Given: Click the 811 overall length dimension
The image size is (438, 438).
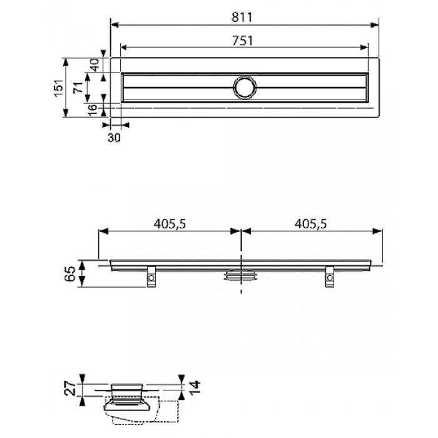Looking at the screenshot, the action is pos(242,18).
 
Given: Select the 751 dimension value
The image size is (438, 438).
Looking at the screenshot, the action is pos(243,41).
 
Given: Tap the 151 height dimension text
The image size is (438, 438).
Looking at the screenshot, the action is pos(59,88).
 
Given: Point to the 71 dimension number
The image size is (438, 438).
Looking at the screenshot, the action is pos(78,87).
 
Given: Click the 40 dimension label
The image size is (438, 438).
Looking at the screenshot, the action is pos(95,65).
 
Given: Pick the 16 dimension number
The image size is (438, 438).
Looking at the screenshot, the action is pos(92,109).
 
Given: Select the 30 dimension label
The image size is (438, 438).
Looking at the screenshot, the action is pos(114,138).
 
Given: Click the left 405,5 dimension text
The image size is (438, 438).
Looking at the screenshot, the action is pos(170,224).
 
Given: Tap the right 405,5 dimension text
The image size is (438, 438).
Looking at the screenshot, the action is pos(310,224).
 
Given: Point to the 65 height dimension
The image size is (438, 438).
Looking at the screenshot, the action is pos(70,273).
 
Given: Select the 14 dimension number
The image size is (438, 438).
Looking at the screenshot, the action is pos(195,387).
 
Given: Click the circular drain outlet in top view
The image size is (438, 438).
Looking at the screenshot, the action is pos(245,87).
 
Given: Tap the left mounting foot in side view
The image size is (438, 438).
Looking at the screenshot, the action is pos(151,277).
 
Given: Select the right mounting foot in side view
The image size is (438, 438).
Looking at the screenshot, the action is pos(329,277).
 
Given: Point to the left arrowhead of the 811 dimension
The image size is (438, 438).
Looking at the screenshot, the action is pos(115,25).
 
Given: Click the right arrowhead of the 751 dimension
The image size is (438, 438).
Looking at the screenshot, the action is pos(364,48).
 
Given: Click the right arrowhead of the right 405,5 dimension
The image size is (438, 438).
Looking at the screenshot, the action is pos(378,231).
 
